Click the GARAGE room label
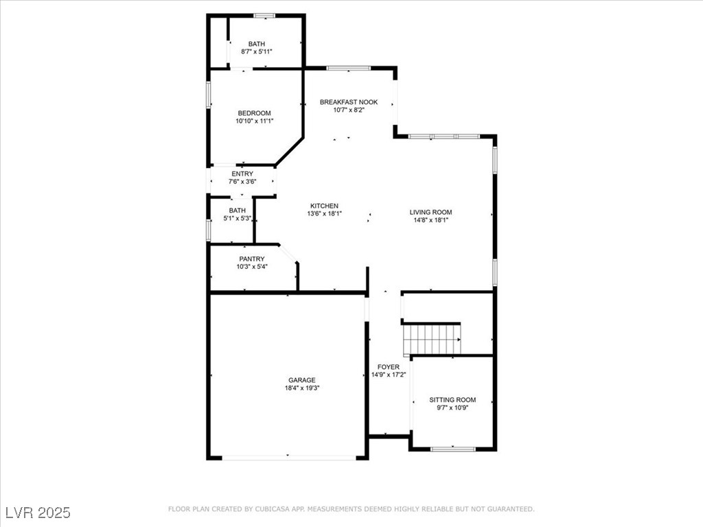(302, 380)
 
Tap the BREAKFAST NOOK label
(349, 102)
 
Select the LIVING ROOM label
(431, 212)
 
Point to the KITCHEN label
(324, 206)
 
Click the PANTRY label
(251, 259)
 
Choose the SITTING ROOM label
(452, 400)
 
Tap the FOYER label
(389, 366)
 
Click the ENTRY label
(242, 174)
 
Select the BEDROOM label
(254, 113)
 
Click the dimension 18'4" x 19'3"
(302, 388)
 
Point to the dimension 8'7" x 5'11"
(257, 51)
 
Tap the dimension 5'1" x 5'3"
(237, 218)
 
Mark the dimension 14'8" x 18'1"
(431, 220)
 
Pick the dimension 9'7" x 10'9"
(452, 408)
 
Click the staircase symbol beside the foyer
(432, 339)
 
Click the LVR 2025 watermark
(38, 512)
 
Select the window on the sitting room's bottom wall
(453, 448)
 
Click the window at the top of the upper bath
(264, 16)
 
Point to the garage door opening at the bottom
(289, 458)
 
